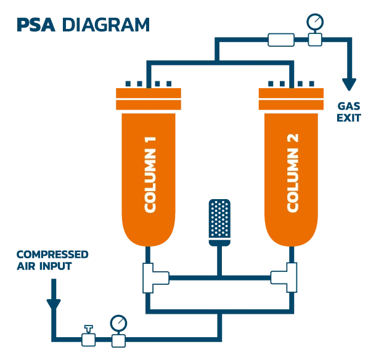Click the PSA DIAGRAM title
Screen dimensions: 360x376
[x=82, y=25]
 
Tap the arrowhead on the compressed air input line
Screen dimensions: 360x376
[x=54, y=302]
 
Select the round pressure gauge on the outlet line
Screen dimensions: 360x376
[x=315, y=22]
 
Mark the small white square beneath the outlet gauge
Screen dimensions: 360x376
[x=315, y=40]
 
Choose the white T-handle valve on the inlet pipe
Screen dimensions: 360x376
[x=89, y=336]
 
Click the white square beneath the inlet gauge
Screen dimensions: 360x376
[x=118, y=340]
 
